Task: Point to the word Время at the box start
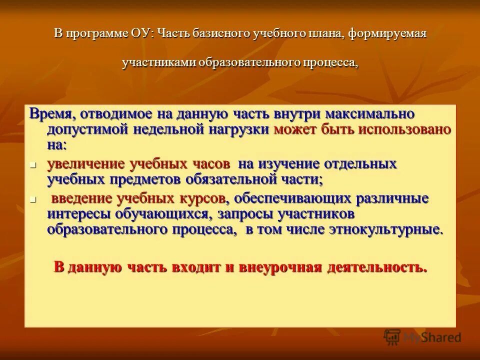tap(49, 113)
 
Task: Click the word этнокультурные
tap(384, 229)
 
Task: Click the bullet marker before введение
tap(33, 199)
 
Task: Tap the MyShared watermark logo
tap(423, 337)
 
